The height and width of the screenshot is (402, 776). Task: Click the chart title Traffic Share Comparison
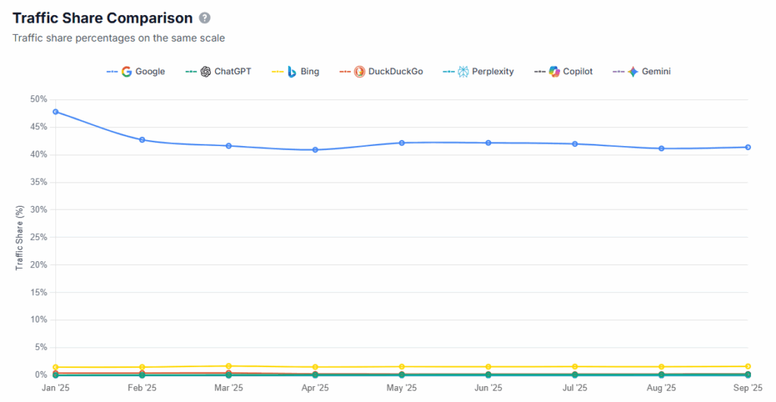coord(102,17)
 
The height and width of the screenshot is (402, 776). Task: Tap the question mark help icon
coord(205,18)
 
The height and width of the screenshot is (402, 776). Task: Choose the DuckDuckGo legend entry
coord(386,71)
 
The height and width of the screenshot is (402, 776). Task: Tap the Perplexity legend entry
coord(485,71)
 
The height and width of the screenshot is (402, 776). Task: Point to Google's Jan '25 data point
coord(55,111)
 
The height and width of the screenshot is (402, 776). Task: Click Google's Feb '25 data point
coord(142,139)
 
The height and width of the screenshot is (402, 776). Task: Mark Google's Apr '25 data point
coord(315,149)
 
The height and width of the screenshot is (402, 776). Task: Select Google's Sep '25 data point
coord(748,147)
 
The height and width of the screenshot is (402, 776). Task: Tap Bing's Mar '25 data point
coord(229,366)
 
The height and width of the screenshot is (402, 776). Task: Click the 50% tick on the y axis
coord(38,99)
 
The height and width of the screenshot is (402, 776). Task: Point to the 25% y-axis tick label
coord(38,237)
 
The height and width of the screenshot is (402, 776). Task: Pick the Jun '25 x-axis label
coord(488,388)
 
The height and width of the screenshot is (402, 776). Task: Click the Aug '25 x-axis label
coord(662,388)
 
